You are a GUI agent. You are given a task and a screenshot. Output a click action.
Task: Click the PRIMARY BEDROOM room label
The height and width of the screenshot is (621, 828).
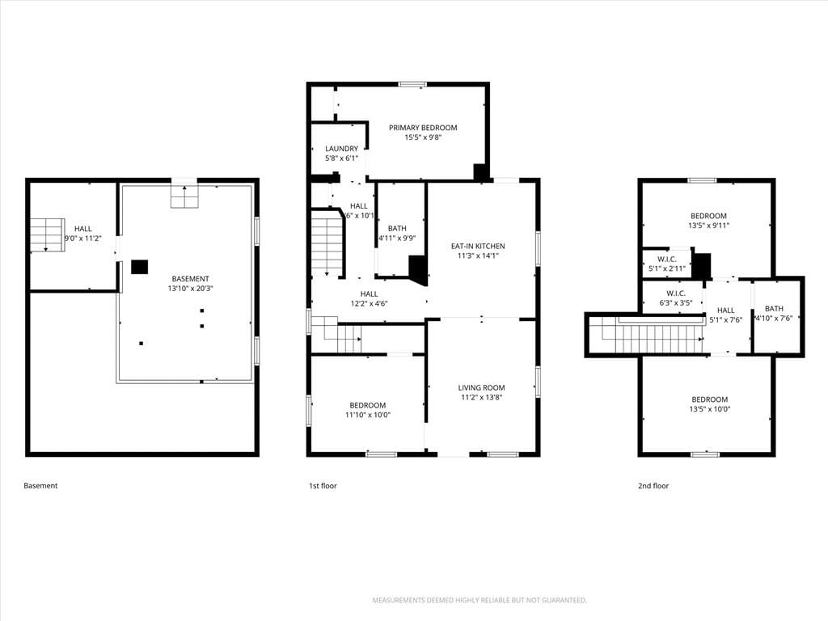pos(423,128)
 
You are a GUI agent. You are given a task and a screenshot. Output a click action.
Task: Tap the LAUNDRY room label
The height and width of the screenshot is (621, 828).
pos(342,149)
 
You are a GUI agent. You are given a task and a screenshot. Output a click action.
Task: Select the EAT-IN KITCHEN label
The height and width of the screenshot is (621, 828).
pos(478,246)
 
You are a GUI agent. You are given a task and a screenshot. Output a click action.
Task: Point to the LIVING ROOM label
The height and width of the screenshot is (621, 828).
pos(482,387)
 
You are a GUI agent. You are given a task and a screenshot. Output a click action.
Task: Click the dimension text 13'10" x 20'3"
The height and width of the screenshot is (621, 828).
pos(190,289)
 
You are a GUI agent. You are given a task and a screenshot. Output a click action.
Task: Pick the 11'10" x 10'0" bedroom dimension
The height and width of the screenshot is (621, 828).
pos(368,415)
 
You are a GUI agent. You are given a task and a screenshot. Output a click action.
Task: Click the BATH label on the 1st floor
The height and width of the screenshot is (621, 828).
pos(397,229)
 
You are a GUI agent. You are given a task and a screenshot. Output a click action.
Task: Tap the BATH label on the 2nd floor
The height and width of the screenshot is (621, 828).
pos(774,309)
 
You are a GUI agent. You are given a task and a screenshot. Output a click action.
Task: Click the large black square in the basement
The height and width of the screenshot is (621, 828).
pos(139,267)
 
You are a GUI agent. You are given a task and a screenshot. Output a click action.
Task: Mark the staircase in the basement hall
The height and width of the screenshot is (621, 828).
pos(47,235)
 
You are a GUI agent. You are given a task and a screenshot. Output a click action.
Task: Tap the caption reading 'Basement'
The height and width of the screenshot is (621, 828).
pos(40,486)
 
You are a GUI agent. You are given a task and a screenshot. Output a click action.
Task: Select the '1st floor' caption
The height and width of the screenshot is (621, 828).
pos(323,486)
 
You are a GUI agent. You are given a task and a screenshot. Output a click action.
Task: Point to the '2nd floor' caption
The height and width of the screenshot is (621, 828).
pos(653,486)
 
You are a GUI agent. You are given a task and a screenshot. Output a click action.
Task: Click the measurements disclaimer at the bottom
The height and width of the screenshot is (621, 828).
pos(479,601)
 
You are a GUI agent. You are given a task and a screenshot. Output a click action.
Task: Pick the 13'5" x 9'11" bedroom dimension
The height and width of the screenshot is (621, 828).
pos(708,226)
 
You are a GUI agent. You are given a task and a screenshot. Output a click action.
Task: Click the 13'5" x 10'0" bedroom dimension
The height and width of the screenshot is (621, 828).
pos(710,409)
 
